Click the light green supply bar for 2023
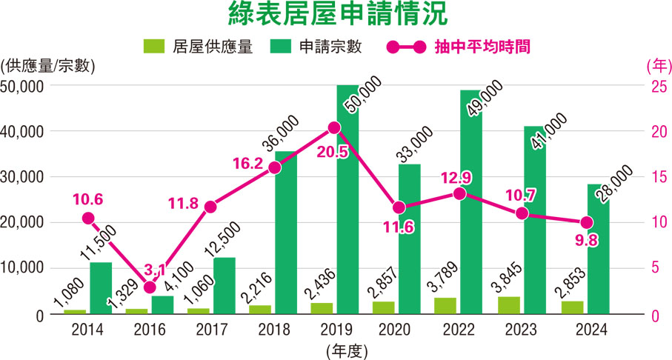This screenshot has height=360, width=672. point(507,304)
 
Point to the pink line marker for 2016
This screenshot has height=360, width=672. point(150,287)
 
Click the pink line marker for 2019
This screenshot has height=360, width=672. point(334,128)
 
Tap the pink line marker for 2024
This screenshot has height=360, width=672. point(585,223)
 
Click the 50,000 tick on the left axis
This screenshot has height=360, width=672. point(23,87)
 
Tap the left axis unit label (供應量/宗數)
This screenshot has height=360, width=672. point(50,65)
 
